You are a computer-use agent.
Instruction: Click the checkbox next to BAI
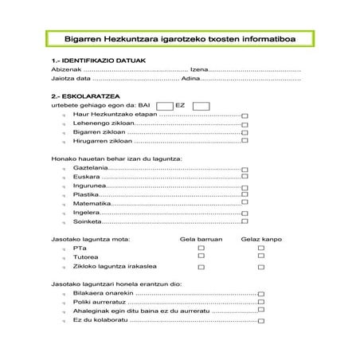pyautogui.click(x=165, y=106)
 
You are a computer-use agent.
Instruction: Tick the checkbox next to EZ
pyautogui.click(x=201, y=106)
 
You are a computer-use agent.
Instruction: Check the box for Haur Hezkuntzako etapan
pyautogui.click(x=245, y=116)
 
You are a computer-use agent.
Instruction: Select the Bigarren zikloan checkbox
pyautogui.click(x=245, y=131)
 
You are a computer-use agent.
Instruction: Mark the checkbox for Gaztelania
pyautogui.click(x=245, y=169)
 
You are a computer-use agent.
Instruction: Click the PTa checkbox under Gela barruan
pyautogui.click(x=202, y=248)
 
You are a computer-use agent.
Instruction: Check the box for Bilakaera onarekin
pyautogui.click(x=260, y=295)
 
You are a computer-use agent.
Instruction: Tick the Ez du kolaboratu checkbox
pyautogui.click(x=260, y=321)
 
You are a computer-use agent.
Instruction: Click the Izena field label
pyautogui.click(x=199, y=70)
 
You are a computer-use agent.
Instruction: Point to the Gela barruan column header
pyautogui.click(x=202, y=238)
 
